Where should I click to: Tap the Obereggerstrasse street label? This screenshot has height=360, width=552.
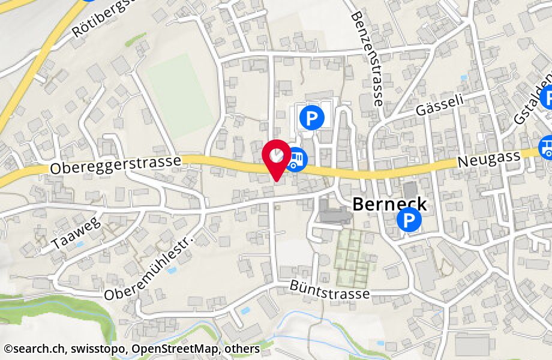(116, 165)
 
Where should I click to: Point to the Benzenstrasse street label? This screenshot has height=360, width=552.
(367, 58)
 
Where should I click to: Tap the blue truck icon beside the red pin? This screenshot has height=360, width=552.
(296, 160)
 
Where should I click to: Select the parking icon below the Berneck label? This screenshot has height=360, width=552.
(409, 221)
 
